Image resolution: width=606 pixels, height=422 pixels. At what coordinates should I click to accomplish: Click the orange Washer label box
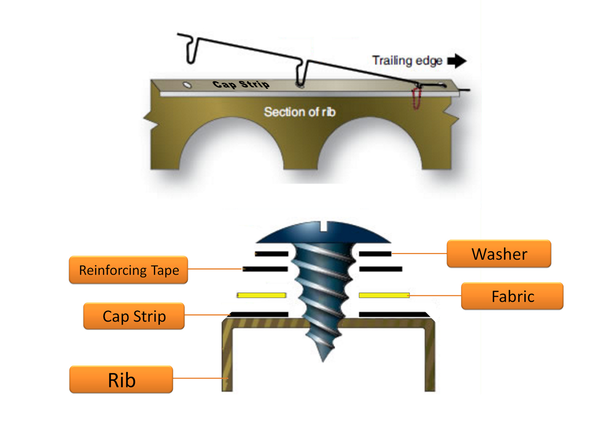pyautogui.click(x=498, y=253)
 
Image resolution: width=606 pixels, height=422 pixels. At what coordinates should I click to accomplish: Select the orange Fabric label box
pyautogui.click(x=512, y=296)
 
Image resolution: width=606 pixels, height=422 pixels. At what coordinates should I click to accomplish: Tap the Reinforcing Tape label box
pyautogui.click(x=128, y=270)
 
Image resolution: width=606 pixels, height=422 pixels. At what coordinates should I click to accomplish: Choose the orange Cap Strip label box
pyautogui.click(x=134, y=316)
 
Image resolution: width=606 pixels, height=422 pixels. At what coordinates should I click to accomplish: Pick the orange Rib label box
pyautogui.click(x=121, y=380)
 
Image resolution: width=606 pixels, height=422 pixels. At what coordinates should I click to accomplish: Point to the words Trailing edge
pyautogui.click(x=407, y=61)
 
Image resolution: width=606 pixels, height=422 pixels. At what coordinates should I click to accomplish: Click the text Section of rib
pyautogui.click(x=299, y=112)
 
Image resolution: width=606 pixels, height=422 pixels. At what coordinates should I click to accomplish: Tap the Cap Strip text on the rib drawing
pyautogui.click(x=241, y=84)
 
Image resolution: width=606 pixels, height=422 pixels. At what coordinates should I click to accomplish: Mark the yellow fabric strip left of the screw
pyautogui.click(x=262, y=295)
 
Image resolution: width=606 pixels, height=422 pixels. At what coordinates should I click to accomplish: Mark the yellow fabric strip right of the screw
pyautogui.click(x=383, y=295)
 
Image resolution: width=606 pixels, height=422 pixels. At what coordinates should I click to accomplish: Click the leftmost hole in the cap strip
pyautogui.click(x=187, y=85)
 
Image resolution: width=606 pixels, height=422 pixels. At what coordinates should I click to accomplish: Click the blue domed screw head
pyautogui.click(x=323, y=233)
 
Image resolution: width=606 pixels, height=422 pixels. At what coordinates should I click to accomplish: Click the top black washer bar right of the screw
pyautogui.click(x=375, y=253)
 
